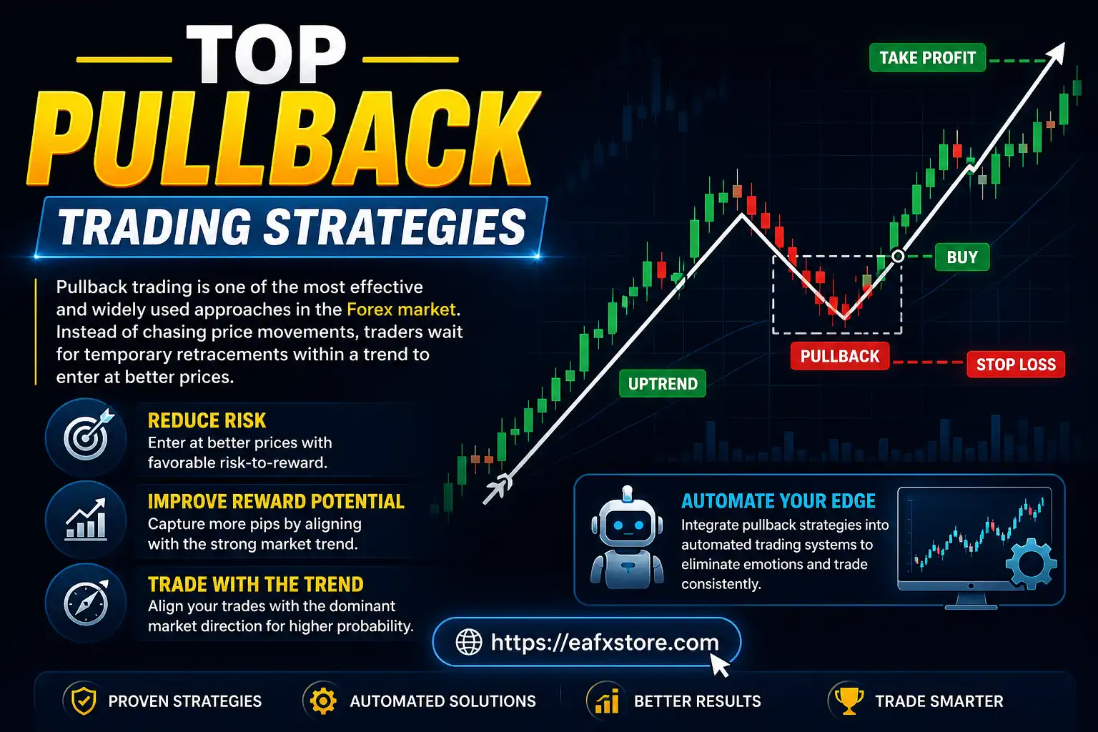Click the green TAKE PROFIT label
coord(927,58)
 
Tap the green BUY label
coord(961,257)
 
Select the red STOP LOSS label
coord(1015,365)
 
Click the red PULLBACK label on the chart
coord(839,356)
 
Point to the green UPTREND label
coord(663,384)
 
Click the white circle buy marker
coord(899,256)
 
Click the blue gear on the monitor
coord(1030,565)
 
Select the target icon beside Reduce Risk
coord(86,437)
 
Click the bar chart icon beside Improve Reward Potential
coord(86,520)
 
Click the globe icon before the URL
coord(469,642)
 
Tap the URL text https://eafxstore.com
coord(604,642)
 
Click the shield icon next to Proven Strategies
coord(84,701)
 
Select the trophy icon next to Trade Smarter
coord(849,701)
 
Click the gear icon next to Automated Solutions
coord(323,701)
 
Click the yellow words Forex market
coord(401,310)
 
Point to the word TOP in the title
coord(267,56)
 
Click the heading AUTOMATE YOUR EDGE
coord(778,501)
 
